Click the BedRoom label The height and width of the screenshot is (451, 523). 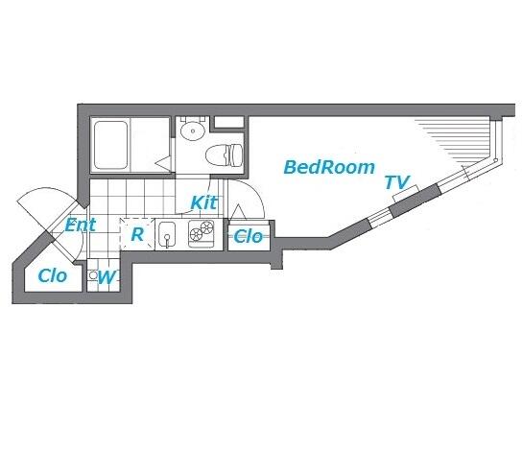coord(329,167)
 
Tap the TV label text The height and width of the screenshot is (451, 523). coord(397,182)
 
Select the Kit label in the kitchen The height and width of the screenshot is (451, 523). coord(203,202)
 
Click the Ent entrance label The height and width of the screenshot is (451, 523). coord(81,225)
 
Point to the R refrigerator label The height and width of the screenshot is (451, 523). coord(137,234)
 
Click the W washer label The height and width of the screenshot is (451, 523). coord(107,277)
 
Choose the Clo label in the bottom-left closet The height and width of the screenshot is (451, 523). coord(53,275)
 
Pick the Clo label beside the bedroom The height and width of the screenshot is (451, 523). coord(249,237)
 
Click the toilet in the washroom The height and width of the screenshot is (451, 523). coord(224,155)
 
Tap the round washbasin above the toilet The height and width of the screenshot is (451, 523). coord(193,131)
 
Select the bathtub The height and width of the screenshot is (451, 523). coord(110,145)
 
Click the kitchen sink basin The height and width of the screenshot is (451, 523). coord(167,234)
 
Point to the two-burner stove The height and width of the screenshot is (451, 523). coord(202,234)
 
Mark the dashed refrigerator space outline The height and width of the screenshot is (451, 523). coord(137,234)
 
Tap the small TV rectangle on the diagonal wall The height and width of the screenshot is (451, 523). coord(405,194)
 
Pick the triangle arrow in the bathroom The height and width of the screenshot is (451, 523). coord(163,163)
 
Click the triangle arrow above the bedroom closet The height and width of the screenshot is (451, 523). coord(238,212)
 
